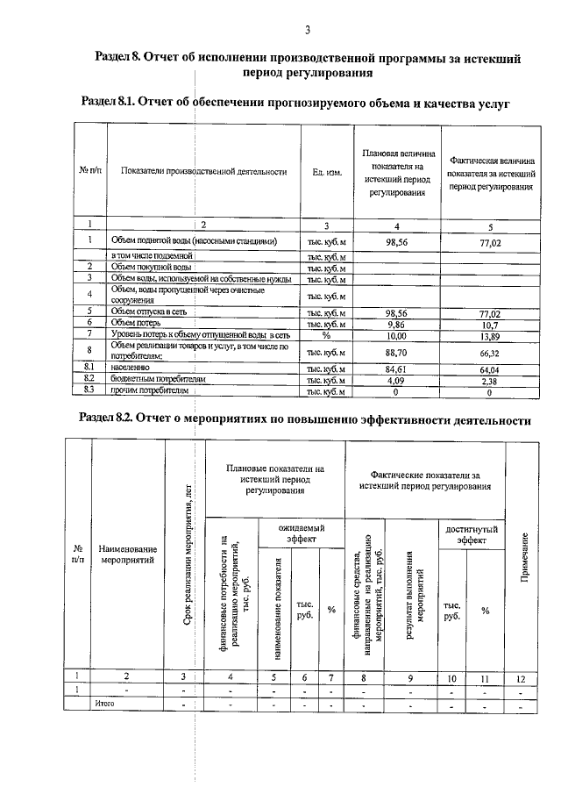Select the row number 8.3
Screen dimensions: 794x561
pyautogui.click(x=89, y=392)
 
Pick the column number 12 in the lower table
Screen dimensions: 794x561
pyautogui.click(x=523, y=676)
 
